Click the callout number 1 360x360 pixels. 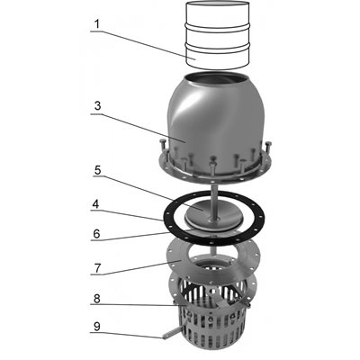point(96,24)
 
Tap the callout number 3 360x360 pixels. point(97,106)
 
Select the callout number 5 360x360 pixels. point(97,170)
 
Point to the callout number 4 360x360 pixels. point(95,204)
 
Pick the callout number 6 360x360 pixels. point(96,234)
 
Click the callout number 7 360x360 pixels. point(97,268)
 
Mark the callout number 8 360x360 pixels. point(96,299)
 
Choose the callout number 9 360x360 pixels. point(96,327)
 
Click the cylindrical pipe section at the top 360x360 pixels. point(218,36)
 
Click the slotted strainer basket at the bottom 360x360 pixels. point(213,324)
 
